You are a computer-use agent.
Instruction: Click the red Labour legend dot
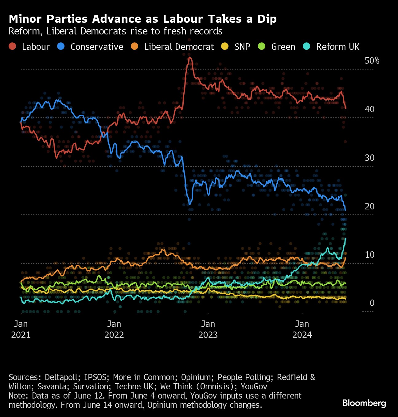click(12, 46)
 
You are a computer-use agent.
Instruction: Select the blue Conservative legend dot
click(61, 46)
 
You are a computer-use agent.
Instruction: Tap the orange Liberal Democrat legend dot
click(135, 46)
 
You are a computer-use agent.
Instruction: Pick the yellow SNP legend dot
click(225, 46)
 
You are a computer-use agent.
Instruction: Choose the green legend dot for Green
click(262, 46)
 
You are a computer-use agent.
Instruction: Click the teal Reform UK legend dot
click(306, 46)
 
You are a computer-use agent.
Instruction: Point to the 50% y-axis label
click(372, 61)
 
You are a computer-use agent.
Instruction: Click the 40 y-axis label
click(369, 109)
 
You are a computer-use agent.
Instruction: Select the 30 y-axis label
click(369, 158)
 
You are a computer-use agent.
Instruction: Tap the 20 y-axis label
click(369, 206)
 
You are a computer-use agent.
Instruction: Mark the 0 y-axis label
click(372, 303)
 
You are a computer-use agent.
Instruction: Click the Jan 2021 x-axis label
click(21, 329)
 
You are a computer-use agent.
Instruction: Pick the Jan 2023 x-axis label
click(208, 329)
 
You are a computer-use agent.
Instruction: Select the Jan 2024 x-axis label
click(302, 329)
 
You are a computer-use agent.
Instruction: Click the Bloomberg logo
click(364, 403)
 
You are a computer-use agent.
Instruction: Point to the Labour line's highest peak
click(189, 57)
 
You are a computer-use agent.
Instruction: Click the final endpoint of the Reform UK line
click(345, 238)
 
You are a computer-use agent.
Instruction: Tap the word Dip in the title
click(267, 19)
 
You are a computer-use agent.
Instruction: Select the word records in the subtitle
click(206, 31)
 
